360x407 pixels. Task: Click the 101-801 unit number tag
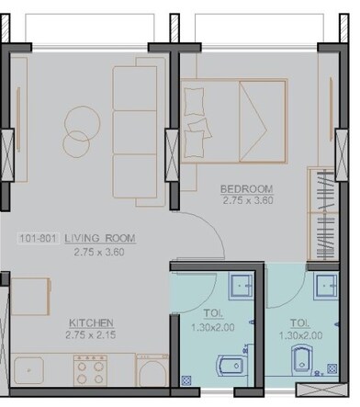(x=39, y=238)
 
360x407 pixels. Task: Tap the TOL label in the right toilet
(x=299, y=323)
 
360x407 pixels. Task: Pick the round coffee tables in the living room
(x=77, y=129)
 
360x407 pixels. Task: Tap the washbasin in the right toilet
(x=325, y=286)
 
